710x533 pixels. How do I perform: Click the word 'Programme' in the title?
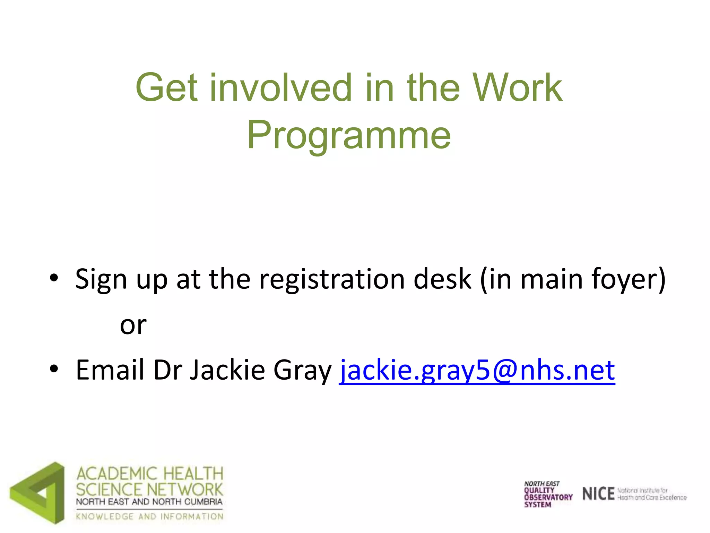[349, 135]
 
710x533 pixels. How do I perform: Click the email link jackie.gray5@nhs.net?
[477, 370]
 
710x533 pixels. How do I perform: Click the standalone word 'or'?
[133, 325]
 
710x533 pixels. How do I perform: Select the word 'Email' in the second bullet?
[110, 370]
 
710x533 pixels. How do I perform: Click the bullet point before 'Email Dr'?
[54, 369]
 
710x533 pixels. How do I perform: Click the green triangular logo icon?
[38, 492]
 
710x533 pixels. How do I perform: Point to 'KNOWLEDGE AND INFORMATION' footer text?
[150, 516]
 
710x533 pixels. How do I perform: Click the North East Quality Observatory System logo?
[547, 494]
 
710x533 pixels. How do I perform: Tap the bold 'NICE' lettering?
[598, 494]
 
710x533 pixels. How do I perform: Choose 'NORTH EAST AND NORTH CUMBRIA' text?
[149, 502]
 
